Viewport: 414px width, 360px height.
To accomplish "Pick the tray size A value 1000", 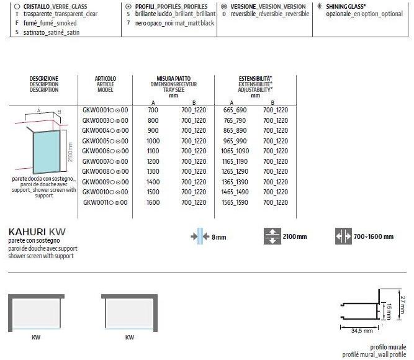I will [153, 140].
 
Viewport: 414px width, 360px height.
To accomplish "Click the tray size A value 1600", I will [153, 202].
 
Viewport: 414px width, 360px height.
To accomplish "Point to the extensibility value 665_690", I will [235, 109].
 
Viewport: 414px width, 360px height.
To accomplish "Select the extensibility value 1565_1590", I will [235, 202].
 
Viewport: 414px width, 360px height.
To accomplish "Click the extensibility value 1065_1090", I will [235, 151].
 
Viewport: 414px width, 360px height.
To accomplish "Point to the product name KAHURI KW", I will [37, 232].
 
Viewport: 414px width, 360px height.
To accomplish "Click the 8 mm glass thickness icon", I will [200, 236].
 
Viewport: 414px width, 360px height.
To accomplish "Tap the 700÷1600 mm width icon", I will [343, 236].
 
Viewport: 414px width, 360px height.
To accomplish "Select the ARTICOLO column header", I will [105, 79].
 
